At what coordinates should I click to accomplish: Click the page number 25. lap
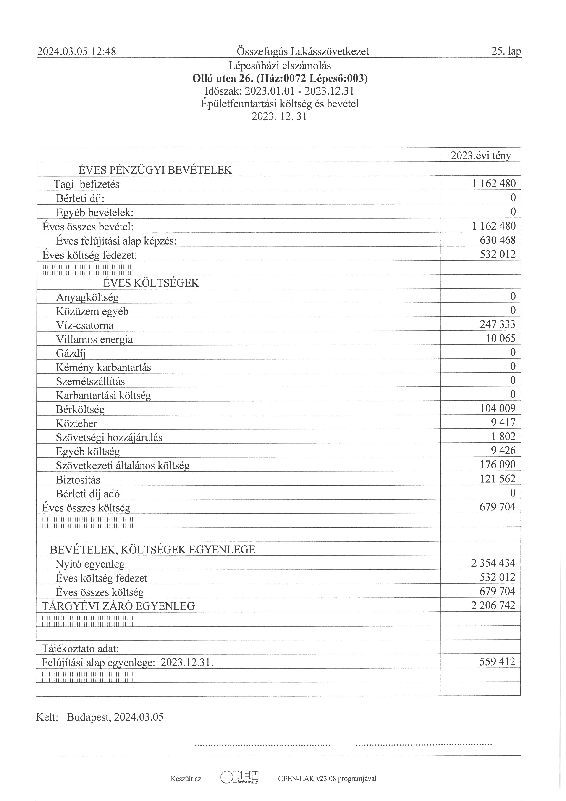(x=506, y=52)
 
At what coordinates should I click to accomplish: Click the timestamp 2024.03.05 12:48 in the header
(x=77, y=52)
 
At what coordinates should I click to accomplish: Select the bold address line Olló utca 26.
(x=280, y=79)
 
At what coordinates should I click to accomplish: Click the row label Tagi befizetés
(x=86, y=184)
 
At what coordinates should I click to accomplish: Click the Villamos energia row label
(x=94, y=339)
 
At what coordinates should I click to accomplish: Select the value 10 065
(x=500, y=338)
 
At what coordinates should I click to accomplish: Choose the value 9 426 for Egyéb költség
(x=503, y=450)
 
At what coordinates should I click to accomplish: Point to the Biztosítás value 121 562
(x=497, y=479)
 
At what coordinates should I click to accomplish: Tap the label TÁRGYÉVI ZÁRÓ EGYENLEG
(x=118, y=606)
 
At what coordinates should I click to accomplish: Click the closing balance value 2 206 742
(x=493, y=605)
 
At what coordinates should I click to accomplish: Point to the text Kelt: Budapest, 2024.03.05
(x=100, y=717)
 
